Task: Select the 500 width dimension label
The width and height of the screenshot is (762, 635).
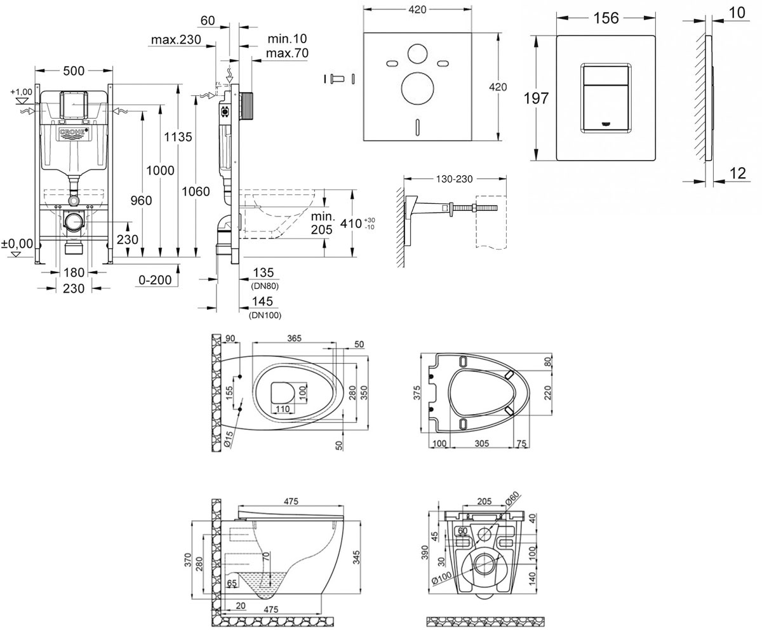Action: click(x=74, y=70)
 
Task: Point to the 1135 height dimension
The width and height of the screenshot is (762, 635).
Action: click(x=178, y=137)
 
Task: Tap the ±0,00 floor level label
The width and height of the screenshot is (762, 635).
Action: click(x=17, y=243)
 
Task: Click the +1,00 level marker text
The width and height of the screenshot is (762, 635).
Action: click(x=21, y=92)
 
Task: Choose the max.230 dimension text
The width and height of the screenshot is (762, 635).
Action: click(x=176, y=39)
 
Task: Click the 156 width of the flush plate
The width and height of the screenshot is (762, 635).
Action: click(x=606, y=18)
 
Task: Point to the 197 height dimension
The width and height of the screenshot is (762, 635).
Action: click(x=536, y=98)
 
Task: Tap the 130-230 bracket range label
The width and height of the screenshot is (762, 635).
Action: click(x=455, y=179)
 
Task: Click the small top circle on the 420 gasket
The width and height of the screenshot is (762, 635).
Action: click(x=417, y=53)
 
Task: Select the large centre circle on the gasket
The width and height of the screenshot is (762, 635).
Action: click(x=417, y=88)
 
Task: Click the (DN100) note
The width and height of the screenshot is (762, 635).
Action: click(x=265, y=316)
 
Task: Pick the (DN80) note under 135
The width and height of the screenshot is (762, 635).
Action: click(x=265, y=286)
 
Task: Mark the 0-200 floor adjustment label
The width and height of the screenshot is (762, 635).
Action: click(x=155, y=280)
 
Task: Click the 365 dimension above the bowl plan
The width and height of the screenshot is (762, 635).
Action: click(x=294, y=338)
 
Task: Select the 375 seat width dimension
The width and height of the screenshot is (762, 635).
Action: click(x=417, y=393)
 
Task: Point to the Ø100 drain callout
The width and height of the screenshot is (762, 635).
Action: click(x=441, y=578)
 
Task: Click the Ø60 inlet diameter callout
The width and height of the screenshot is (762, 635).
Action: click(x=512, y=498)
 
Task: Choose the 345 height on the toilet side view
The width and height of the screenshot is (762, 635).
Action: click(x=356, y=558)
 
